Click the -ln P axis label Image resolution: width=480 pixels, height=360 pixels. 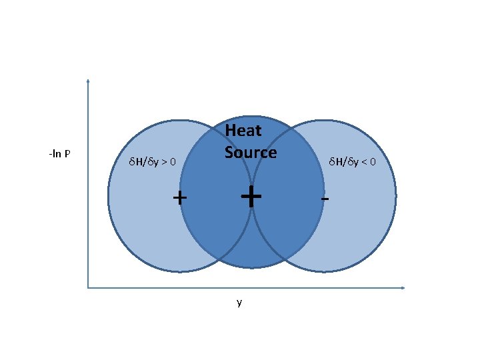(x=60, y=155)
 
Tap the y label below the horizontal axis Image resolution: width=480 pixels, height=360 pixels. (x=239, y=303)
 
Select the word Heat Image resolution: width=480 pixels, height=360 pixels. (x=243, y=131)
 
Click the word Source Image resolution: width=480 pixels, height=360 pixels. (x=250, y=153)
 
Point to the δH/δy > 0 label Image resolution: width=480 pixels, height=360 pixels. (x=152, y=161)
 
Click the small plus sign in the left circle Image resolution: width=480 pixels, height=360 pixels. (x=179, y=197)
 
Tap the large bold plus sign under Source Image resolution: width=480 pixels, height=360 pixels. (x=250, y=197)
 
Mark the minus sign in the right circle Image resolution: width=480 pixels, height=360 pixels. (x=324, y=199)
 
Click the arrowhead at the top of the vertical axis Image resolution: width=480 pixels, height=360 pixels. (x=88, y=81)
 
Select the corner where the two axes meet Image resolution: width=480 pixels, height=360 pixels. (x=88, y=288)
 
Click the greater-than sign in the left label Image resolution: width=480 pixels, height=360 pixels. (x=163, y=162)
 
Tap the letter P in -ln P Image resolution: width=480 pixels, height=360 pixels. (x=68, y=155)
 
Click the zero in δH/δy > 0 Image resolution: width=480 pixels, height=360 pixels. (x=173, y=162)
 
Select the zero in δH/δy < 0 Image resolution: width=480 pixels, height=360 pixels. (x=373, y=162)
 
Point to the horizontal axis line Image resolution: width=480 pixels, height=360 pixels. (x=267, y=288)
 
